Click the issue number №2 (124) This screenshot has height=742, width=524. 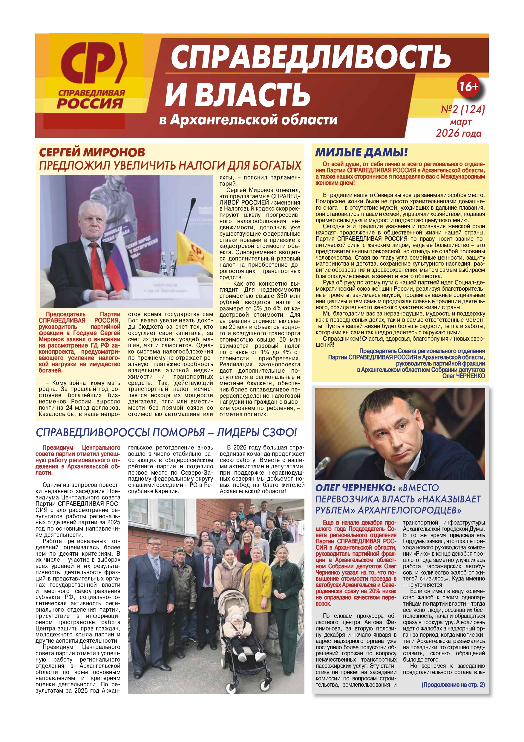463,109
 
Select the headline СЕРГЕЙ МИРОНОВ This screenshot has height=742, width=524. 92,152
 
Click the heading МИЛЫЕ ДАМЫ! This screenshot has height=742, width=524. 361,152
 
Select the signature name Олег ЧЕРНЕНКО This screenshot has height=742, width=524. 463,376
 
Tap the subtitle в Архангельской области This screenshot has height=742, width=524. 248,120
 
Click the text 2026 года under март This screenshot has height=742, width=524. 459,133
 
